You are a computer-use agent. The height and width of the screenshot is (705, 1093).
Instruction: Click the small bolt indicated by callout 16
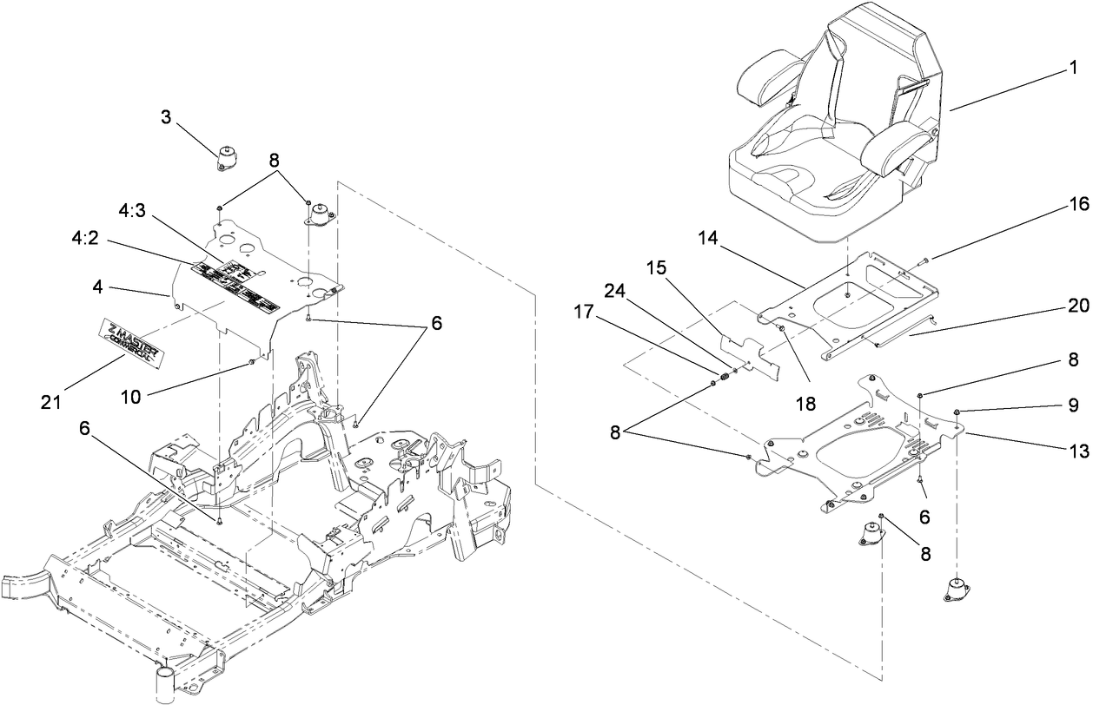click(x=921, y=259)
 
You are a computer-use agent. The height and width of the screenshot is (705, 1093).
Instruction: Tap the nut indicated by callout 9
click(x=956, y=412)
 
